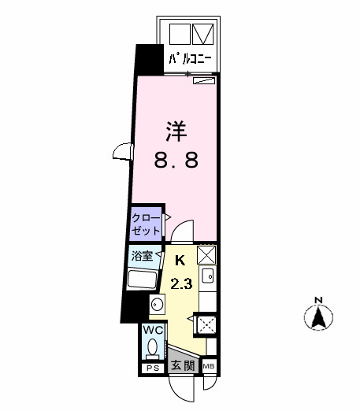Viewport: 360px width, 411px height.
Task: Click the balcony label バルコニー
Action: click(x=190, y=57)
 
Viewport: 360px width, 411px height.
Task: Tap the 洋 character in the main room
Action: click(x=175, y=130)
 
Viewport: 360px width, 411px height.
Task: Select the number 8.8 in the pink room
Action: click(x=175, y=160)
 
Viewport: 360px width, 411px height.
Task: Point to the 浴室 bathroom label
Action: click(x=143, y=256)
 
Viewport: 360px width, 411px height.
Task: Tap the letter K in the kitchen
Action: click(x=179, y=259)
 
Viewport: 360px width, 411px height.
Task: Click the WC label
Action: click(x=153, y=331)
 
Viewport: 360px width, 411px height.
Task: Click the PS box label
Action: click(x=152, y=368)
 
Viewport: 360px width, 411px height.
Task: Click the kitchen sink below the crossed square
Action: click(x=207, y=276)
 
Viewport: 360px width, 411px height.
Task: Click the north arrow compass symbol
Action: click(x=318, y=318)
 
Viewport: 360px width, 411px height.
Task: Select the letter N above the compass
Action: click(x=318, y=299)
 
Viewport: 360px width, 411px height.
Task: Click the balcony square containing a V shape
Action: click(x=203, y=34)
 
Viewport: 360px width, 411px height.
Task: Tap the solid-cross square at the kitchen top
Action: click(x=206, y=254)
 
